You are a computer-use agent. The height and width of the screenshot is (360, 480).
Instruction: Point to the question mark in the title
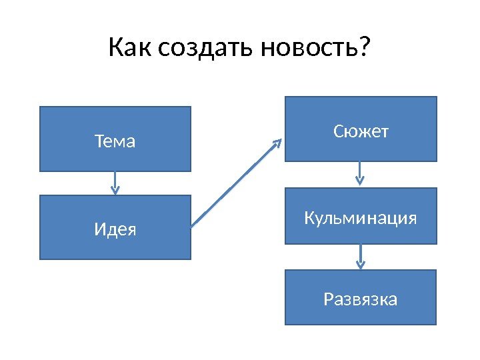click(x=363, y=47)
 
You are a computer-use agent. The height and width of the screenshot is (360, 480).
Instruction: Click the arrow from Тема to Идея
click(x=115, y=183)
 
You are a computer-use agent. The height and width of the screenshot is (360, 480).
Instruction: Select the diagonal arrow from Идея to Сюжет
click(x=237, y=183)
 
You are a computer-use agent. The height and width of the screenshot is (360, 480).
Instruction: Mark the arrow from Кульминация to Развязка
click(x=361, y=256)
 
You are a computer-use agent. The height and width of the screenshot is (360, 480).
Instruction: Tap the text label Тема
click(x=115, y=141)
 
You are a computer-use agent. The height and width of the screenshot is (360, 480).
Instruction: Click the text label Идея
click(x=115, y=229)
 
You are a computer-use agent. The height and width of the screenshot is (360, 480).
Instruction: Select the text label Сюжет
click(x=361, y=132)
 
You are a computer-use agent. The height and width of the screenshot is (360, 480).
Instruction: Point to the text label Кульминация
click(x=361, y=218)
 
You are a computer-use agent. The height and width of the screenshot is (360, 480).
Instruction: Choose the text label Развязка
click(x=361, y=299)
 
